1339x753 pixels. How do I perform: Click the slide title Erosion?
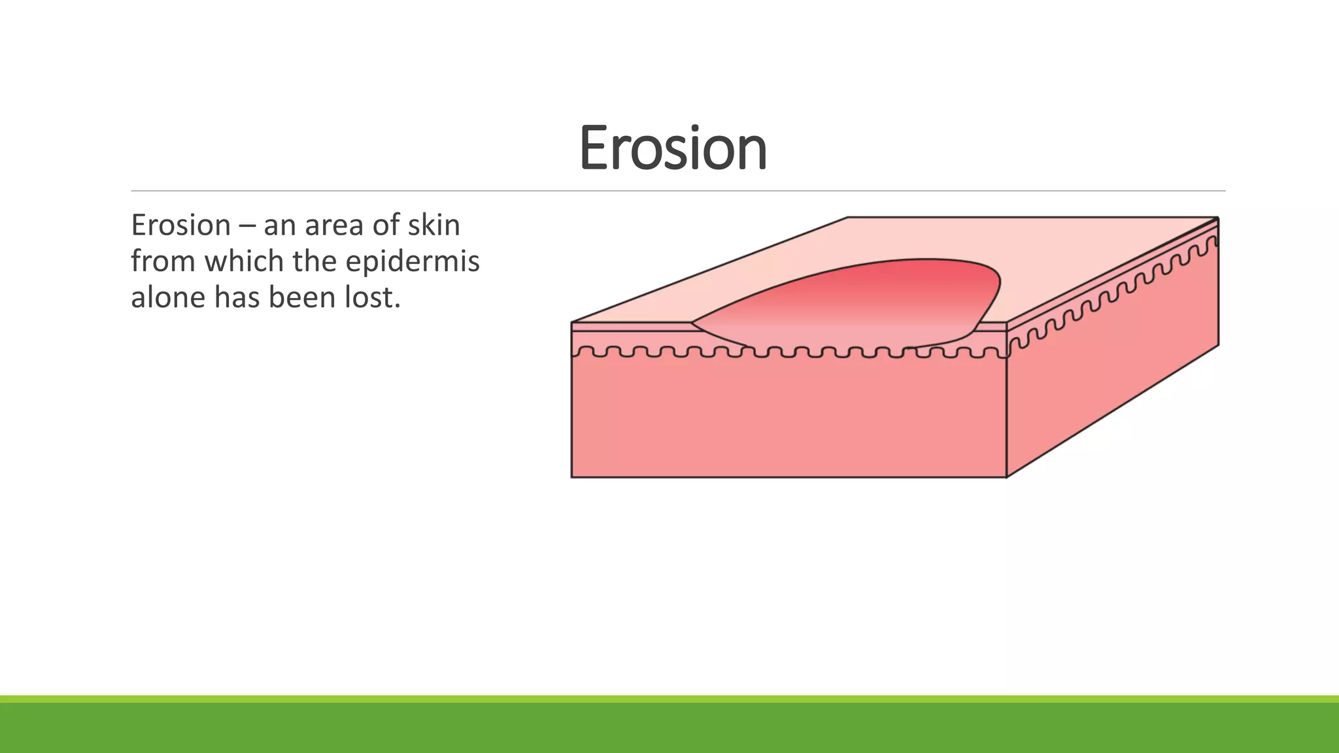pos(673,148)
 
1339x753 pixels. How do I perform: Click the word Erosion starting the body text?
pos(180,226)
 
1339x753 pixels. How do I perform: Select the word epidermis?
pos(413,261)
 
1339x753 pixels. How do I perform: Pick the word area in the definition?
pos(334,226)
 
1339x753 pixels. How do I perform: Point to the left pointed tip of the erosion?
pos(694,322)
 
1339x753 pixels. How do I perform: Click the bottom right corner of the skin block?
pos(1006,477)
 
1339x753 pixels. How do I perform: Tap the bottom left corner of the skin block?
pos(572,477)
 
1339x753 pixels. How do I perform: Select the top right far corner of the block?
pos(1218,218)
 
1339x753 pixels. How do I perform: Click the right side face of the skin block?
pos(1111,366)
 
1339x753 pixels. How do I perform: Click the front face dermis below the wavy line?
pos(785,418)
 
